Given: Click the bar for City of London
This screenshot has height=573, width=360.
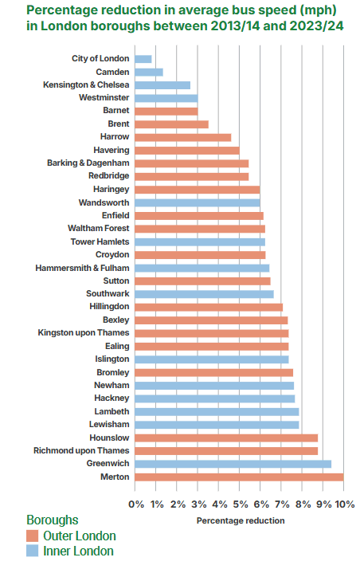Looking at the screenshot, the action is [143, 59].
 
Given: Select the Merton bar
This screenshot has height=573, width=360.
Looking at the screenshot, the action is [239, 477].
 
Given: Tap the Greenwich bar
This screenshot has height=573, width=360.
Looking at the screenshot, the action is [233, 464].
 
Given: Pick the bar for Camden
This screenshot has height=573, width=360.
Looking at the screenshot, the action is [149, 72].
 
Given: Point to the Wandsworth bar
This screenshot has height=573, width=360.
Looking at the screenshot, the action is [198, 202].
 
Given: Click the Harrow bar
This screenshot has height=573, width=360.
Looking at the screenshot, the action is [183, 137].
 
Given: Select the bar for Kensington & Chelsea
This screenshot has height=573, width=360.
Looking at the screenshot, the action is [162, 85].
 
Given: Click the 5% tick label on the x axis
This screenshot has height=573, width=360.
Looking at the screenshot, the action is [241, 504].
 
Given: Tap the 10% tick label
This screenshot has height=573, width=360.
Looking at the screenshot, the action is [345, 504].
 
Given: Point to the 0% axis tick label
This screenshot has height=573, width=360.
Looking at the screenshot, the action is [136, 504].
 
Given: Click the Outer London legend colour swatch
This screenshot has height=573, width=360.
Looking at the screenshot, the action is [32, 536].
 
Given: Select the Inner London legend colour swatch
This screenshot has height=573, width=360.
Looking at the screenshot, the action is [32, 551].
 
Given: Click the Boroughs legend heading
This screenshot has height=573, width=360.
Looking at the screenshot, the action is [53, 520].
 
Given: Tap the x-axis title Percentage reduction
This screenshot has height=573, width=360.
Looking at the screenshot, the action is [241, 520].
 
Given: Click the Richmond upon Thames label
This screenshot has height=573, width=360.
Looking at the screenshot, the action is [81, 450].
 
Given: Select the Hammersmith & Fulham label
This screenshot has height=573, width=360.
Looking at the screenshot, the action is [82, 268].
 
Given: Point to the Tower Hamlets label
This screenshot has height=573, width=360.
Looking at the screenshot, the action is [100, 241].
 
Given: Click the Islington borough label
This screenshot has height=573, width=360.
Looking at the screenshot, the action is [112, 359].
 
